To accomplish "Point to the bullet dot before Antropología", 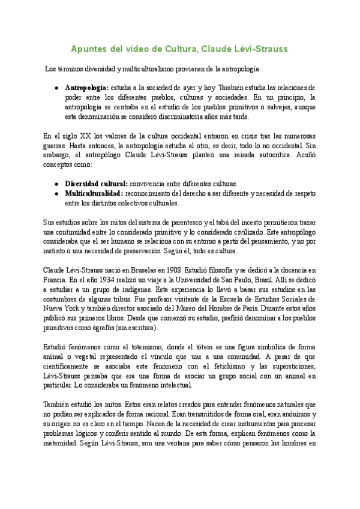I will [x=56, y=87].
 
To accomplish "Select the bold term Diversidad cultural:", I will [x=96, y=183].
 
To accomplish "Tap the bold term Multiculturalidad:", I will [x=94, y=193].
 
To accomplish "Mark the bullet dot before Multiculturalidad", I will [x=56, y=193].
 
